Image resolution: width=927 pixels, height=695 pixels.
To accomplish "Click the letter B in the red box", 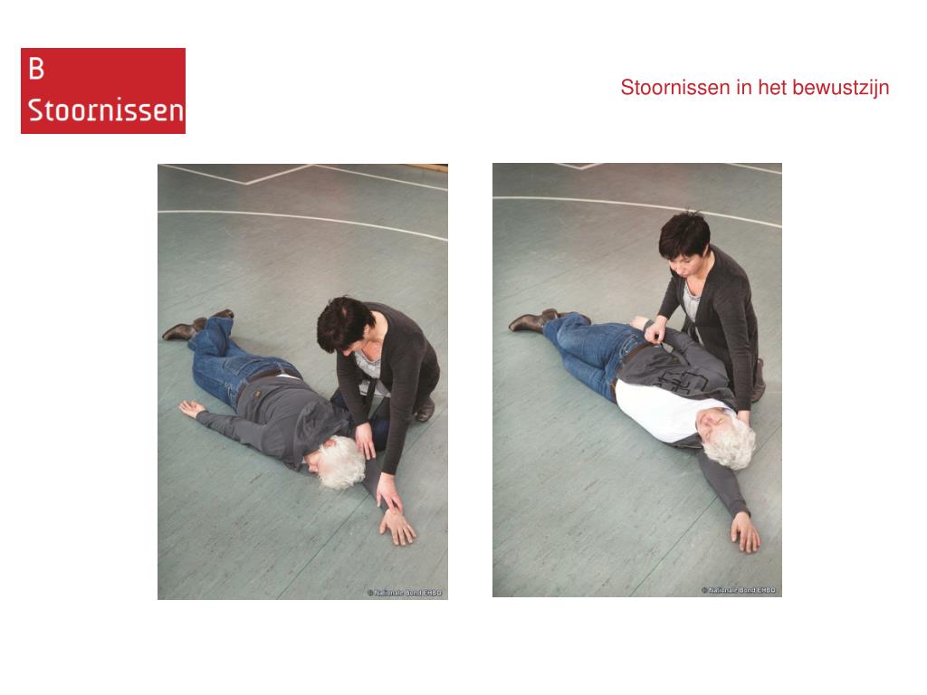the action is [x=36, y=69].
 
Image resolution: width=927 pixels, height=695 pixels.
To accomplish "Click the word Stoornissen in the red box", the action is [x=106, y=110].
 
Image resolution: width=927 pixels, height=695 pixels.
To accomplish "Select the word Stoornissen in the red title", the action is [x=675, y=88].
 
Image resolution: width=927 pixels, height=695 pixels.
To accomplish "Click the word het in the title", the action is [x=772, y=88].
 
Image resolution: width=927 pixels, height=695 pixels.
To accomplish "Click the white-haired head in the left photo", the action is [x=337, y=462].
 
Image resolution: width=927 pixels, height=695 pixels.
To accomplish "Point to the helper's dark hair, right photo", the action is [x=684, y=234].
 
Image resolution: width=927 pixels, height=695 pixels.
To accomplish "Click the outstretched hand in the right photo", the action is [x=745, y=532].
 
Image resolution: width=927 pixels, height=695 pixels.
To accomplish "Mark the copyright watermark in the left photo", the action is [x=405, y=592].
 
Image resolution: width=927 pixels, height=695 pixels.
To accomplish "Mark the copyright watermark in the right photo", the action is [x=739, y=590].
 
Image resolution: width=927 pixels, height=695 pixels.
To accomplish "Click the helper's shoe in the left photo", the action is [x=425, y=410].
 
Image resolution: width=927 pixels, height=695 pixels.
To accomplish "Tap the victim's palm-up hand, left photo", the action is [x=192, y=408].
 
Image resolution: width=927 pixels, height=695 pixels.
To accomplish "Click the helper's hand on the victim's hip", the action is [x=655, y=333].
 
